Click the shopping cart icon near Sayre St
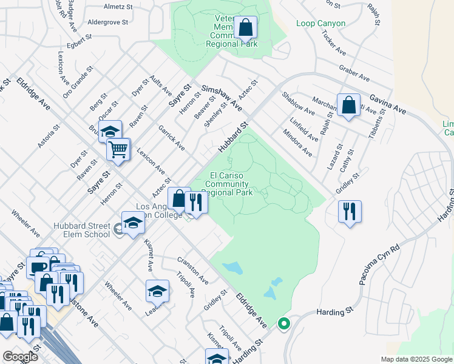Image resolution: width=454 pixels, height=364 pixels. tap(118, 149)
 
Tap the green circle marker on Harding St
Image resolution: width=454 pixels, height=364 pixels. tap(283, 323)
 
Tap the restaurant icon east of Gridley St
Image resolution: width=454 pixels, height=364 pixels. tap(350, 211)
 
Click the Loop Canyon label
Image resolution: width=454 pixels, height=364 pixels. tap(320, 24)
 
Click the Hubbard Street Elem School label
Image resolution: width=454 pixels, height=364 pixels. tap(81, 230)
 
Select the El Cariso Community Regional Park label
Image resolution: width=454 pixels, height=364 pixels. tap(229, 184)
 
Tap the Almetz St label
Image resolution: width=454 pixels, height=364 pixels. tap(118, 7)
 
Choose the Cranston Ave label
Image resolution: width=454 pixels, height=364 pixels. tap(193, 270)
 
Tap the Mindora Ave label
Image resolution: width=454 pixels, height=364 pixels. tap(297, 143)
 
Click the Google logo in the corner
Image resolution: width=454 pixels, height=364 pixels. tap(20, 357)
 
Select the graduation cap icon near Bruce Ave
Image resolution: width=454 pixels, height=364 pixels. tap(110, 131)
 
